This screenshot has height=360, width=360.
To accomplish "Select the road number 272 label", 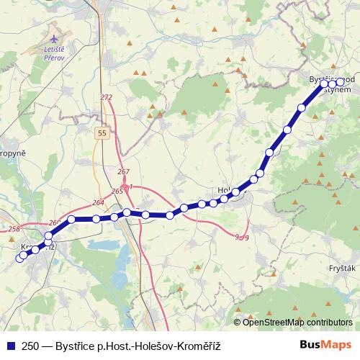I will pyautogui.click(x=107, y=97).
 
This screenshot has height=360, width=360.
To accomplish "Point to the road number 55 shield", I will pyautogui.click(x=104, y=132).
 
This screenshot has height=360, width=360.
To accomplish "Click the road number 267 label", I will pyautogui.click(x=123, y=171).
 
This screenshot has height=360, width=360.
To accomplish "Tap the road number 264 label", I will pyautogui.click(x=98, y=203).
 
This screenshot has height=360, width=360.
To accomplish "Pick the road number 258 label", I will pyautogui.click(x=14, y=229).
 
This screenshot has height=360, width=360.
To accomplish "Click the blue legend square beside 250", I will pyautogui.click(x=10, y=346).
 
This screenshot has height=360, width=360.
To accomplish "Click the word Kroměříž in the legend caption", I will pyautogui.click(x=194, y=346).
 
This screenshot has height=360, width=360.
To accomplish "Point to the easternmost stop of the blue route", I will pyautogui.click(x=341, y=83).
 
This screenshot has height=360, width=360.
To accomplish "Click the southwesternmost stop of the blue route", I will pyautogui.click(x=19, y=258).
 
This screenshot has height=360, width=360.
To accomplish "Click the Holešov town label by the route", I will pyautogui.click(x=225, y=191).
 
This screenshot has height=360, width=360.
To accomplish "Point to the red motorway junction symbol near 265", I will pyautogui.click(x=126, y=186).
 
